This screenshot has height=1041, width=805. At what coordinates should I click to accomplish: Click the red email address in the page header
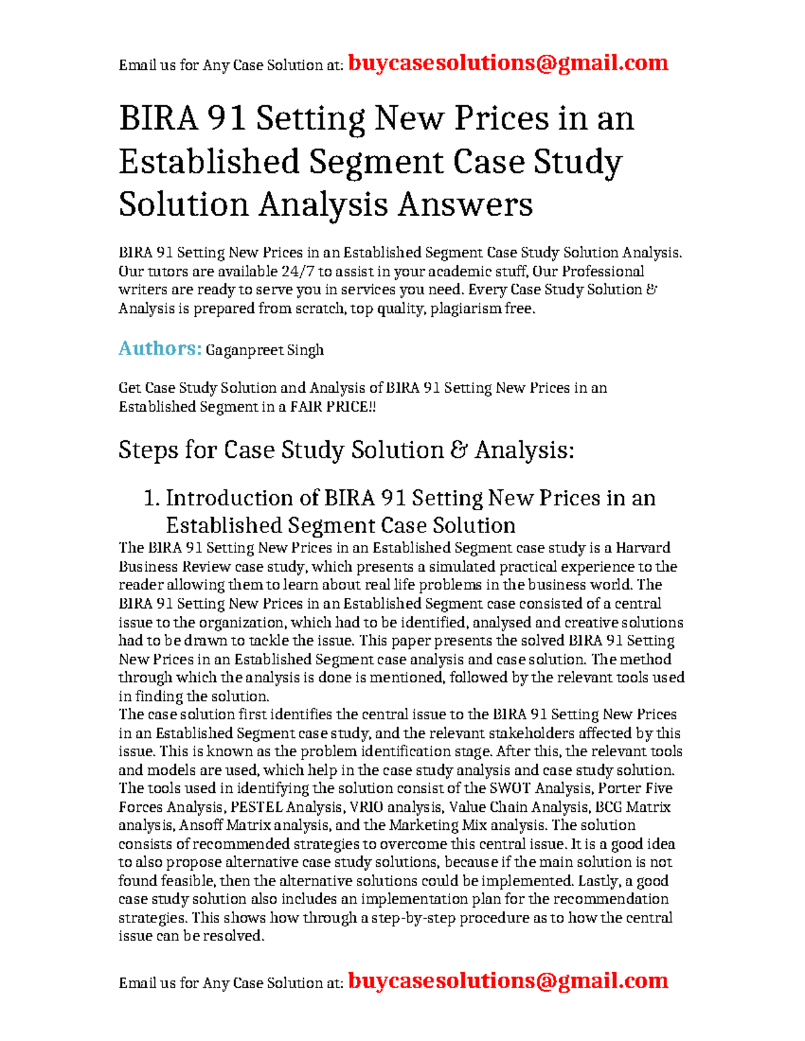[x=508, y=63]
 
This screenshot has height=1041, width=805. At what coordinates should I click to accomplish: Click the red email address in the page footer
[x=508, y=981]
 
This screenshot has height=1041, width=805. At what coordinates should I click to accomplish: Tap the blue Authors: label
[x=160, y=349]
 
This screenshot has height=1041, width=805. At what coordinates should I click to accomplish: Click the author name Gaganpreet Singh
[x=264, y=350]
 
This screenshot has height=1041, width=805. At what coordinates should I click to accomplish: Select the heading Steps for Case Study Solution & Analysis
[x=346, y=450]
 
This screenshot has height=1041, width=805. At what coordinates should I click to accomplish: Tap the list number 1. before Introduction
[x=152, y=498]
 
